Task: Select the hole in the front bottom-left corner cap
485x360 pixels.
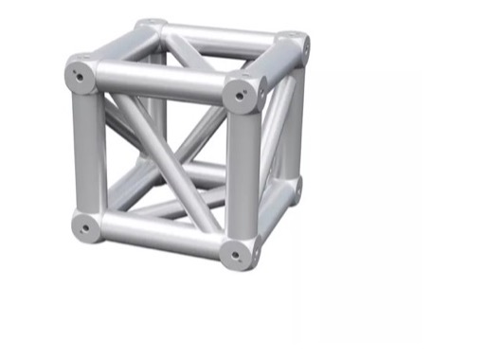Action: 86,226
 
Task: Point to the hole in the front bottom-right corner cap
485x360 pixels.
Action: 235,253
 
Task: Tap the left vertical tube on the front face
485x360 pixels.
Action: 87,152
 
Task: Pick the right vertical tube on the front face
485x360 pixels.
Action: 241,175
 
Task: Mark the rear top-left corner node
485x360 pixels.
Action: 150,25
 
